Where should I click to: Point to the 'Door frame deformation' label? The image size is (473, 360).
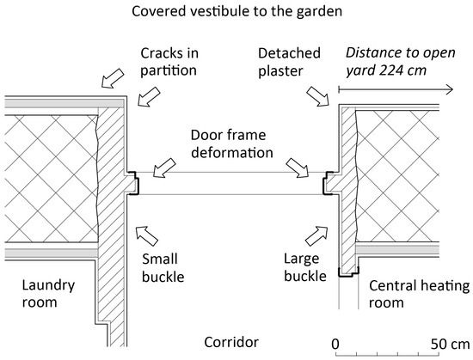coord(228,144)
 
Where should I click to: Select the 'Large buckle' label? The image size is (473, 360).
coord(304,266)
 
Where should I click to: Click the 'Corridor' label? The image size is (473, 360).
coord(232,342)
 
